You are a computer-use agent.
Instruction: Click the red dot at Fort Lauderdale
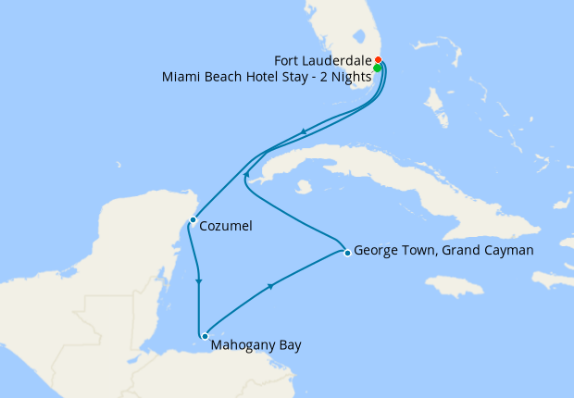[x=378, y=60]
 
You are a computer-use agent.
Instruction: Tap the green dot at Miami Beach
[x=378, y=68]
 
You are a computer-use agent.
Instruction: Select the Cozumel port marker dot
[x=192, y=220]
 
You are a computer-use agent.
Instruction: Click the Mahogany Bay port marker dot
[x=204, y=337]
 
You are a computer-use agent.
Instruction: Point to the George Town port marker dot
[x=346, y=252]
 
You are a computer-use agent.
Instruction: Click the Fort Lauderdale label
[x=325, y=60]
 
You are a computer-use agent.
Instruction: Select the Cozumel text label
[x=225, y=225]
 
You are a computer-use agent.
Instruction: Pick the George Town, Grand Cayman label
[x=443, y=250]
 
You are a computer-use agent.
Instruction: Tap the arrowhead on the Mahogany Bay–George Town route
[x=271, y=286]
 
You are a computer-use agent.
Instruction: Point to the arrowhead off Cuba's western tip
[x=245, y=173]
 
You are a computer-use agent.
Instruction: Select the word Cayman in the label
[x=508, y=250]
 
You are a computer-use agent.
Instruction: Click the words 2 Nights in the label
[x=347, y=77]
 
